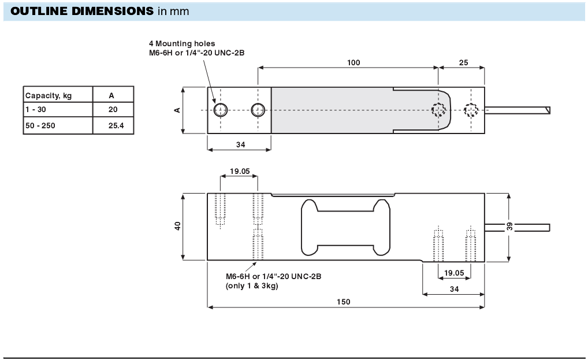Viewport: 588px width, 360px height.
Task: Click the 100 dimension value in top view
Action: click(x=353, y=62)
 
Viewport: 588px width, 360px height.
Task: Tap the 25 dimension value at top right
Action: click(x=463, y=62)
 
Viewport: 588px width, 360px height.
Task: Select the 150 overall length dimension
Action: click(x=344, y=302)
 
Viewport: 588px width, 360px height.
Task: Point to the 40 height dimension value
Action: click(x=178, y=226)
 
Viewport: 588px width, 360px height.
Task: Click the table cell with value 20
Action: click(x=113, y=110)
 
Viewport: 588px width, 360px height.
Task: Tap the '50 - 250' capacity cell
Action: click(x=40, y=125)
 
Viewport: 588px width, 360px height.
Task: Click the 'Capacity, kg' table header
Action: click(x=49, y=95)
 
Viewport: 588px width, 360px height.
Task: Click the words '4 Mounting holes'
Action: click(x=182, y=43)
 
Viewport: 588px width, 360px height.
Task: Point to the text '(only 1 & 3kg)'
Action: click(x=251, y=285)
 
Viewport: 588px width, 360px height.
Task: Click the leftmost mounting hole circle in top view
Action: click(x=220, y=110)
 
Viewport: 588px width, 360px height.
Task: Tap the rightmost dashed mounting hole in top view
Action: click(x=471, y=110)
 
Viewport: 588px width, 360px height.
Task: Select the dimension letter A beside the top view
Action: click(x=178, y=110)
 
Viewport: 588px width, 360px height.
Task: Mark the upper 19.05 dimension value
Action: click(x=239, y=171)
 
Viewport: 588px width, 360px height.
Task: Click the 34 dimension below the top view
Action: click(x=240, y=144)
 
